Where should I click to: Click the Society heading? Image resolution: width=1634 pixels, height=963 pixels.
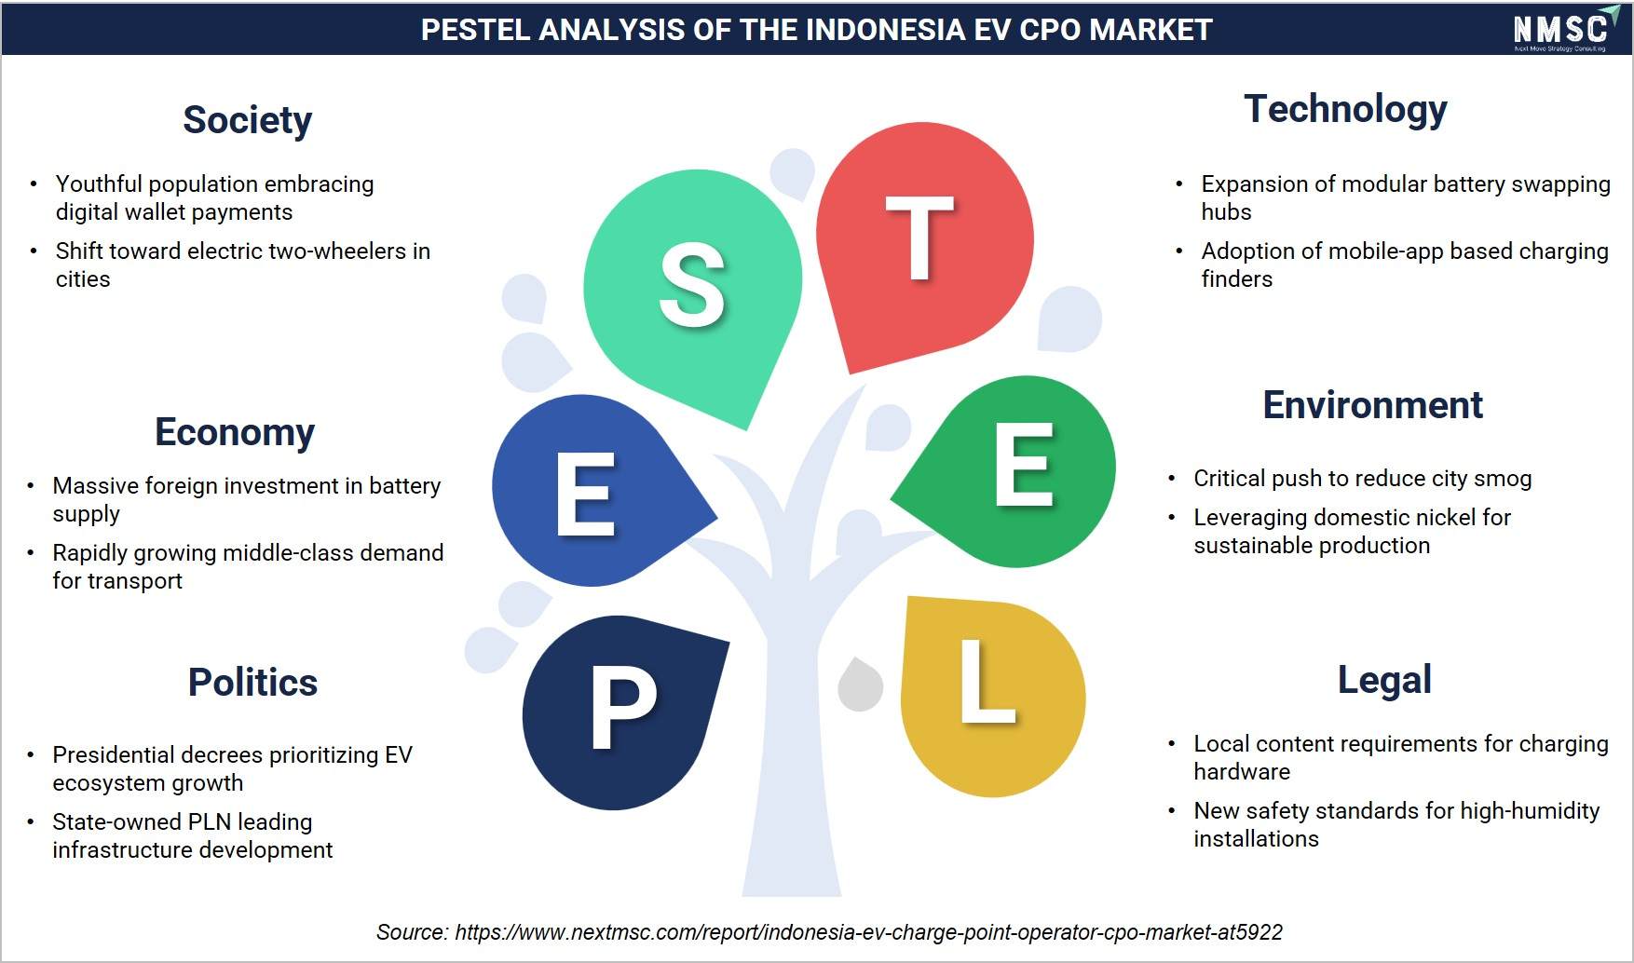pos(247,121)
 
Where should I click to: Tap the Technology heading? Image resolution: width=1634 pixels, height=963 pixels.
pos(1345,110)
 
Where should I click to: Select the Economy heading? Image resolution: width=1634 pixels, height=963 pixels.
pos(235,433)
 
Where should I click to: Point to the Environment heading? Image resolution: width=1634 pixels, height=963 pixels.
pos(1372,405)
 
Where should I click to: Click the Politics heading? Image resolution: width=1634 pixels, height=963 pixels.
pos(252,683)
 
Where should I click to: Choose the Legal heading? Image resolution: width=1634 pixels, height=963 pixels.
pos(1384,681)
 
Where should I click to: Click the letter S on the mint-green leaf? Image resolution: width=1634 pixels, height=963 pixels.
pos(692,285)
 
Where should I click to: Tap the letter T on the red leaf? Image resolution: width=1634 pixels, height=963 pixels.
pos(919,237)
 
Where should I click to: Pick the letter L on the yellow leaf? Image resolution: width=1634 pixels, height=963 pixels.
pos(987,681)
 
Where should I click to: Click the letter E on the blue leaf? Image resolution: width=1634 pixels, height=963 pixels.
pos(586,494)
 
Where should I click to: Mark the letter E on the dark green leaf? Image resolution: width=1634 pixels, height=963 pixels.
pos(1024,464)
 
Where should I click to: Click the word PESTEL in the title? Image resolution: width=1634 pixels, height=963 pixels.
pos(474,30)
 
